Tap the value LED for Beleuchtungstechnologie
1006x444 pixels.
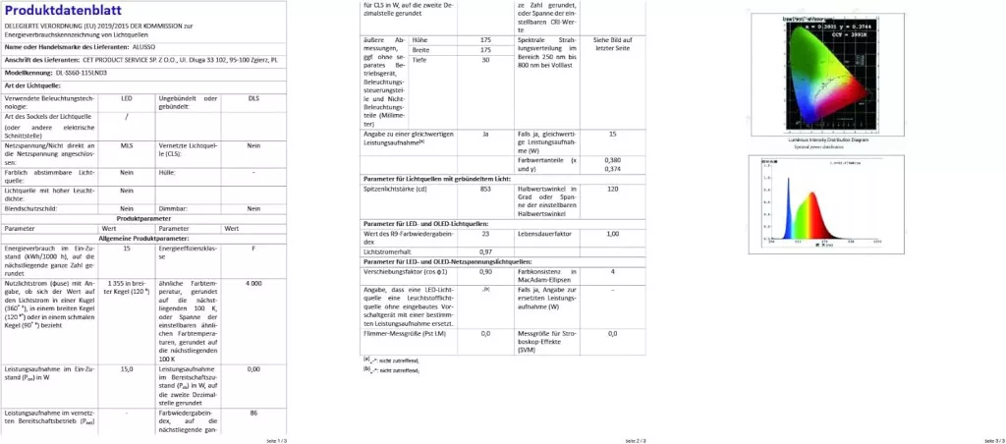(127, 99)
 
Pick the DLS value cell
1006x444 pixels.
(253, 99)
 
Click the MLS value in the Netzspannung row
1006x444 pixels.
(127, 145)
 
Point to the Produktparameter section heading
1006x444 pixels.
(144, 218)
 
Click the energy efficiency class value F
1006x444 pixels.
(253, 249)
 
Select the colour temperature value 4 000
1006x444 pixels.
(253, 283)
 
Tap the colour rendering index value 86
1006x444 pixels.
(253, 413)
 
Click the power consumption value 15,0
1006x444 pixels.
(127, 369)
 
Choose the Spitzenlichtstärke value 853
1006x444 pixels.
(485, 189)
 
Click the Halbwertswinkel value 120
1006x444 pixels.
(613, 189)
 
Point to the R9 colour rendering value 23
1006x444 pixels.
(485, 234)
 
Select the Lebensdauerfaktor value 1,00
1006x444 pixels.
(613, 234)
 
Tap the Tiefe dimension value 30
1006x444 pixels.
(485, 60)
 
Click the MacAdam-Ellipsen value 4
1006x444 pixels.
(613, 271)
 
